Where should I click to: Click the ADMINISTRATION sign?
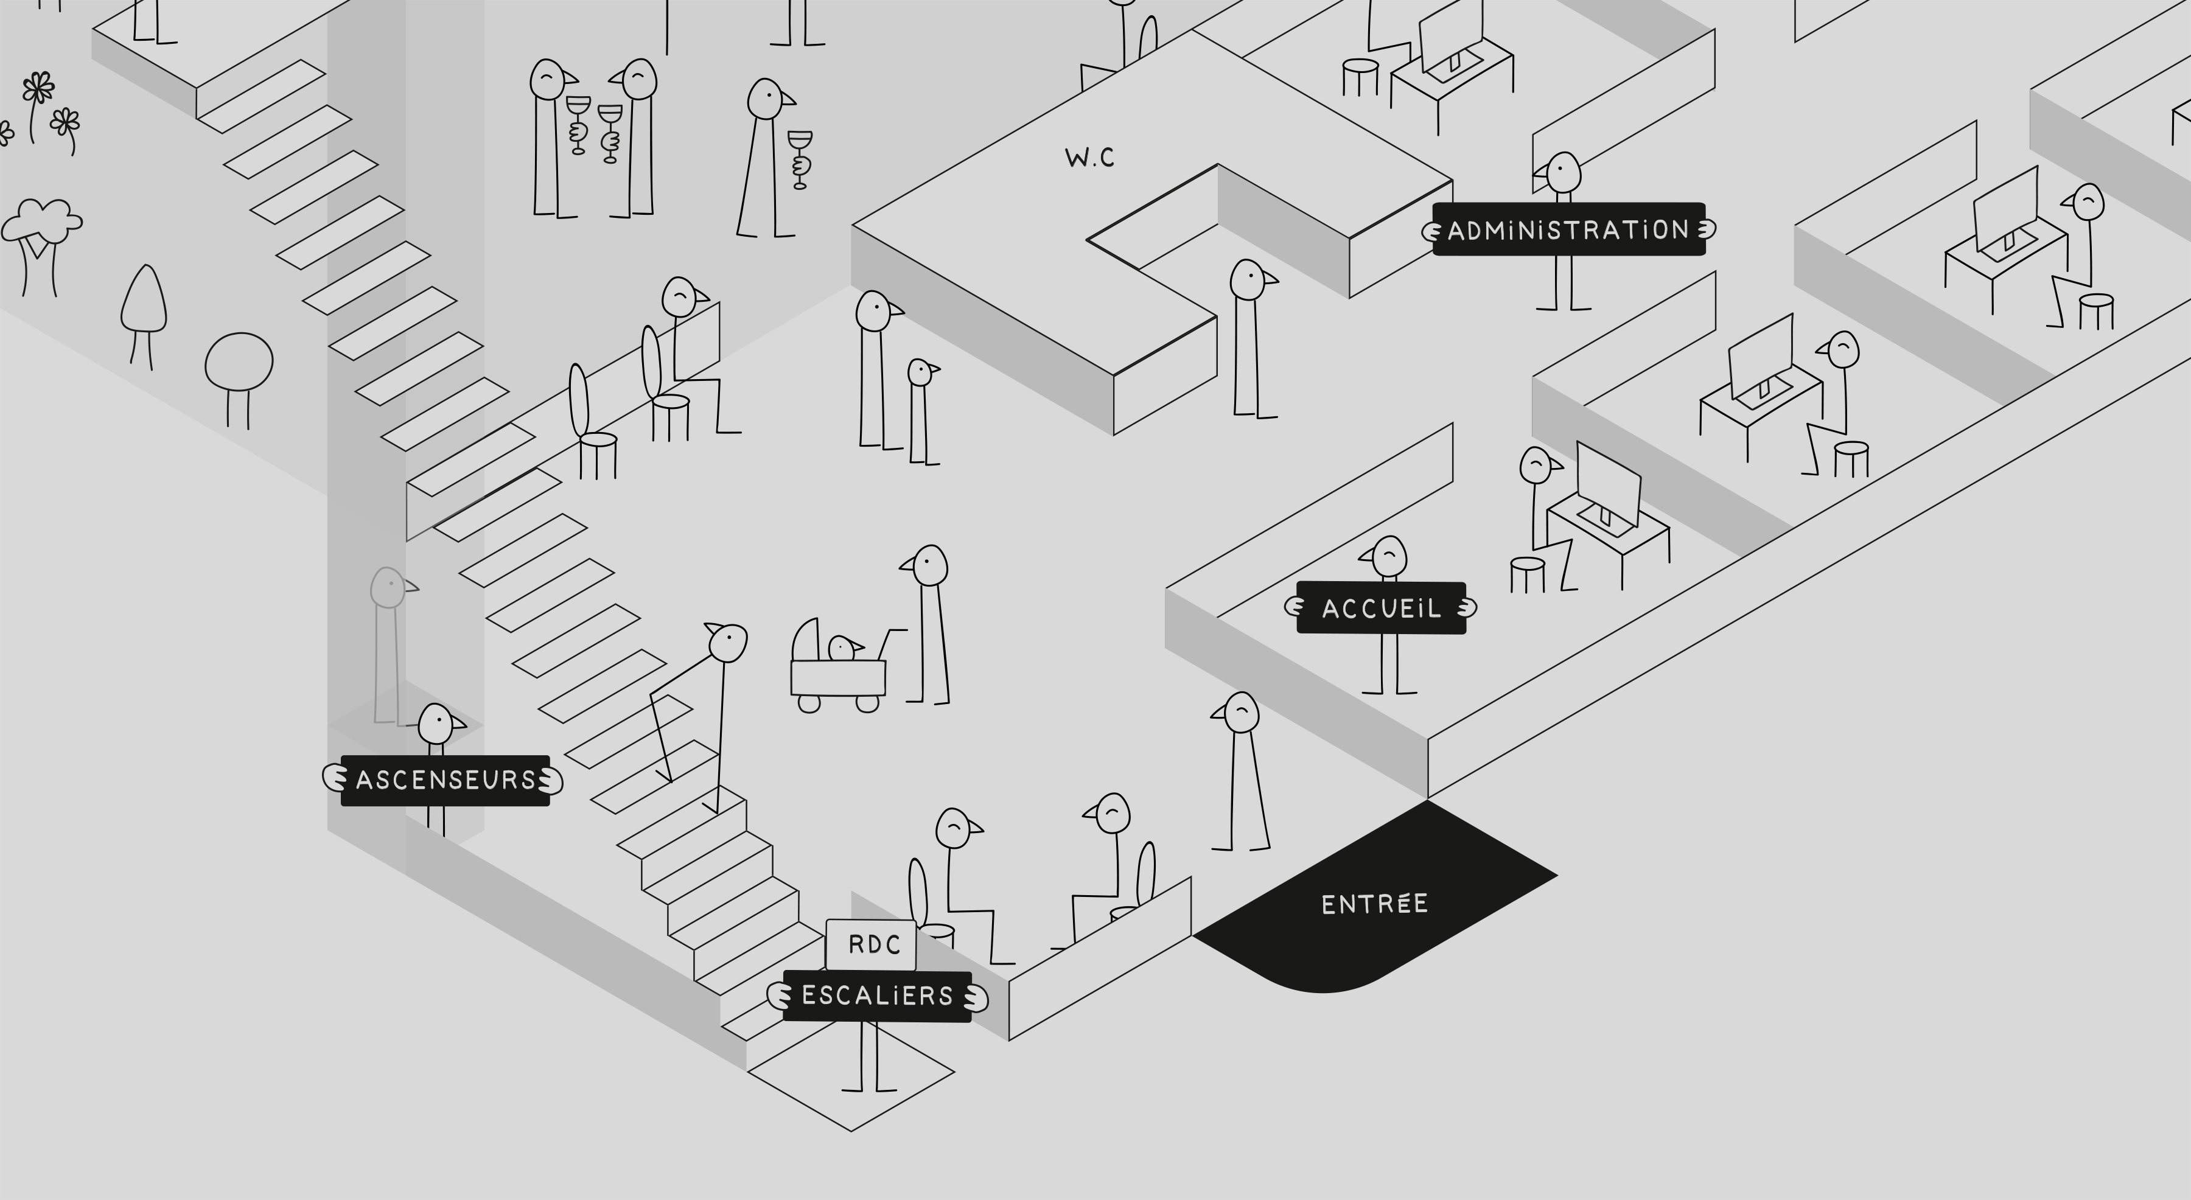click(1569, 229)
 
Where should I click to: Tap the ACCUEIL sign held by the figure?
click(1382, 607)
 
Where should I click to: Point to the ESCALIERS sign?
click(877, 996)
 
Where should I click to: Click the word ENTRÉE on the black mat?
click(1374, 904)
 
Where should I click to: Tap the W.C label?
click(1089, 158)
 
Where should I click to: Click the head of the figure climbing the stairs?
click(727, 642)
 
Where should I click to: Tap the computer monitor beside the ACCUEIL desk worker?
click(1607, 487)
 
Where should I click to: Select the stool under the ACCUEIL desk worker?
click(1528, 575)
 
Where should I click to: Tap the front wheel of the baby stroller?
click(867, 703)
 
